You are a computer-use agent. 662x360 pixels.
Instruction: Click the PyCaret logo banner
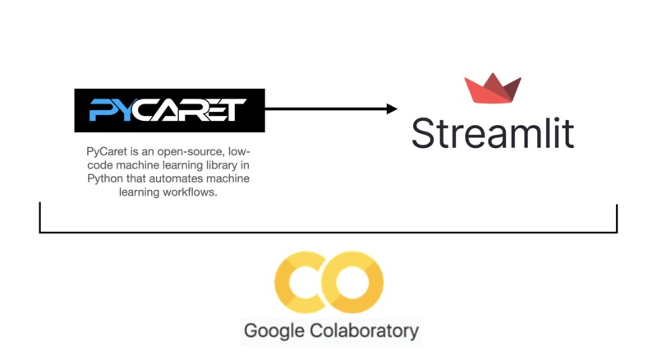click(170, 110)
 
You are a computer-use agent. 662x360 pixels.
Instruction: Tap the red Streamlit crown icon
click(493, 88)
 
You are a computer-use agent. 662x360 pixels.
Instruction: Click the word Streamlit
click(493, 133)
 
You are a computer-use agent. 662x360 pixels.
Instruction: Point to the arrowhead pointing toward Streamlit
click(392, 109)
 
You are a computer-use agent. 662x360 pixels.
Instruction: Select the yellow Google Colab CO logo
click(329, 282)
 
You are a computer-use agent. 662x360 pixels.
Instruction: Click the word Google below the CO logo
click(274, 331)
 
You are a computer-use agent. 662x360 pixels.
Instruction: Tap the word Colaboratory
click(365, 330)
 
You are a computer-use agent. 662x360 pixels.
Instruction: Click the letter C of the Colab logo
click(301, 282)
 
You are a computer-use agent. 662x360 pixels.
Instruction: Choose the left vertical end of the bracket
click(39, 217)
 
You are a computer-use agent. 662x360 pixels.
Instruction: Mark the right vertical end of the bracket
click(617, 219)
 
